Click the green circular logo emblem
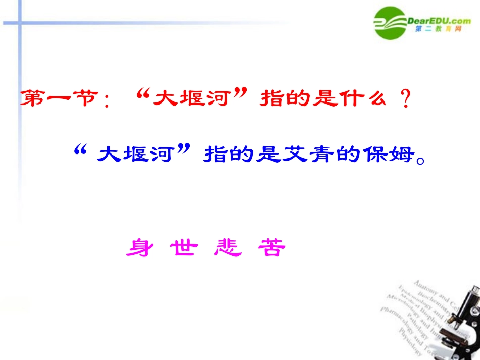(x=391, y=23)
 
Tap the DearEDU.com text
(x=439, y=20)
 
